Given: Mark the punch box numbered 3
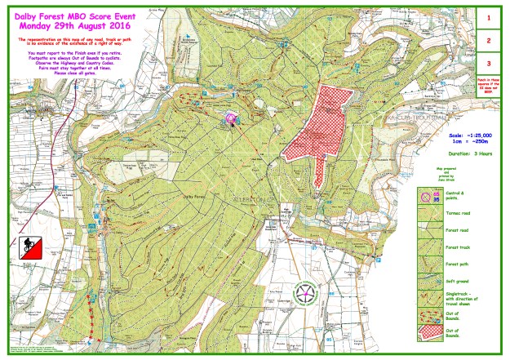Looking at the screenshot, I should (x=488, y=63).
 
